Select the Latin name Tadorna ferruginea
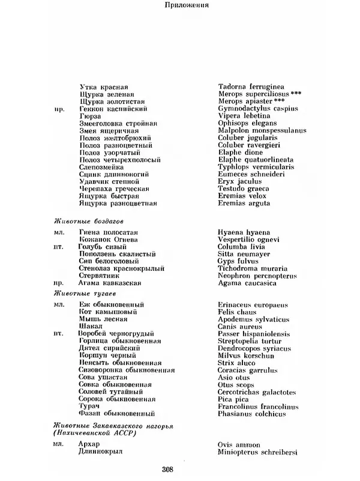coord(251,86)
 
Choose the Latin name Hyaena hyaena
coord(244,232)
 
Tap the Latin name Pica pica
coord(233,398)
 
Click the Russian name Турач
coord(88,407)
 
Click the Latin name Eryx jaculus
coord(239,181)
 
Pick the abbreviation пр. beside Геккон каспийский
coord(59,109)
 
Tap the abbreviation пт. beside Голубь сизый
coord(58,247)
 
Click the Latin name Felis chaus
coord(237,312)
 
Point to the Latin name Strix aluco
coord(238,363)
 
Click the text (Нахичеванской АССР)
coord(94,433)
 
